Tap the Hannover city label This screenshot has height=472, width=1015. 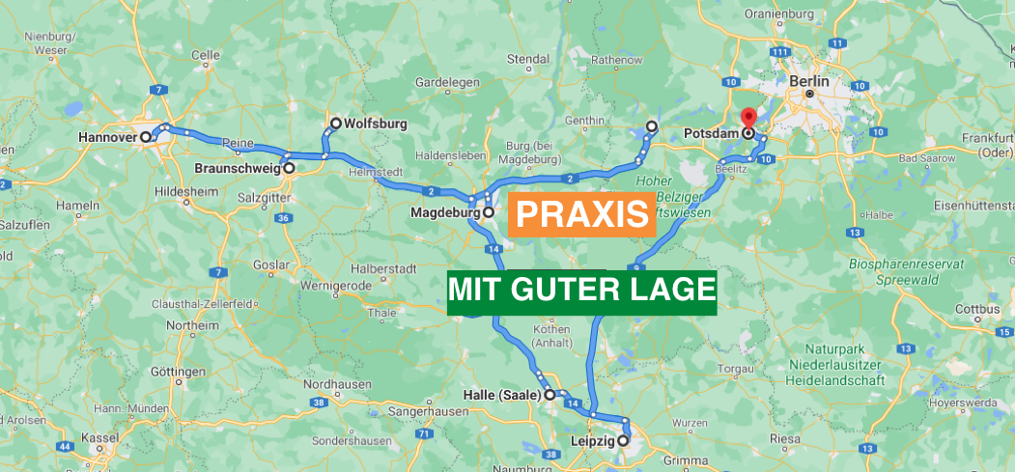pyautogui.click(x=108, y=137)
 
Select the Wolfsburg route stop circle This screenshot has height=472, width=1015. pyautogui.click(x=336, y=124)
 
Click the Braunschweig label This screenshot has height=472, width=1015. pyautogui.click(x=238, y=168)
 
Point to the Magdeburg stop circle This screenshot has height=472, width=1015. pyautogui.click(x=489, y=212)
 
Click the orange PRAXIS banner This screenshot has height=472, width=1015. pyautogui.click(x=581, y=214)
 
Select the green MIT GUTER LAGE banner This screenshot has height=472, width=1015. pyautogui.click(x=581, y=289)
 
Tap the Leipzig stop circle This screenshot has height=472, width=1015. pyautogui.click(x=623, y=441)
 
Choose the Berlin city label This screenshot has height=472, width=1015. pyautogui.click(x=809, y=82)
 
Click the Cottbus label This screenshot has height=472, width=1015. pyautogui.click(x=976, y=310)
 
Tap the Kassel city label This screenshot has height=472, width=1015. pyautogui.click(x=100, y=437)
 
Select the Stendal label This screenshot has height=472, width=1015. pyautogui.click(x=528, y=60)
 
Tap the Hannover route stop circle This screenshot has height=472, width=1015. pyautogui.click(x=146, y=137)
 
